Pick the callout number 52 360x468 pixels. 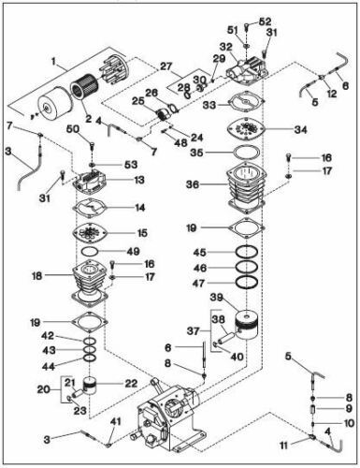pos(266,21)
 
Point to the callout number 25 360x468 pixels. pos(137,100)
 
